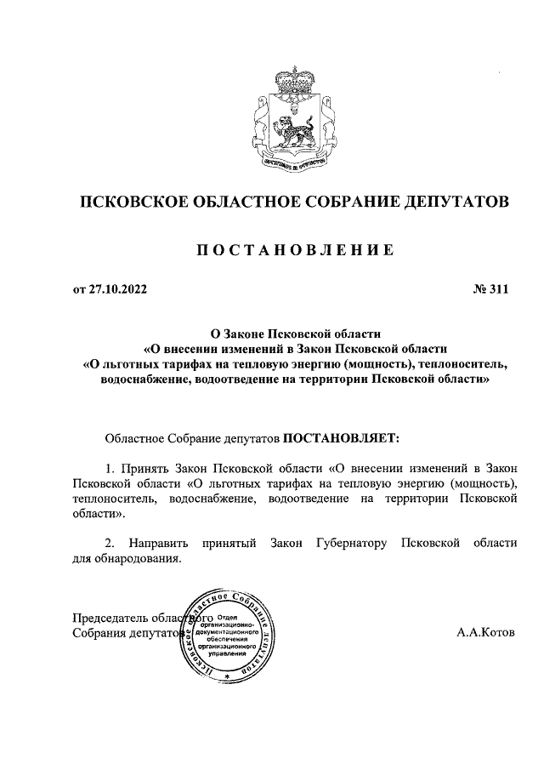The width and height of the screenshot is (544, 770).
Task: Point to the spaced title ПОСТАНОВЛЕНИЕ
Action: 294,250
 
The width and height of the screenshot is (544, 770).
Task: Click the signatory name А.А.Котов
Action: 485,634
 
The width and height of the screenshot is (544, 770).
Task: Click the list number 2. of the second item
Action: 110,543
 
